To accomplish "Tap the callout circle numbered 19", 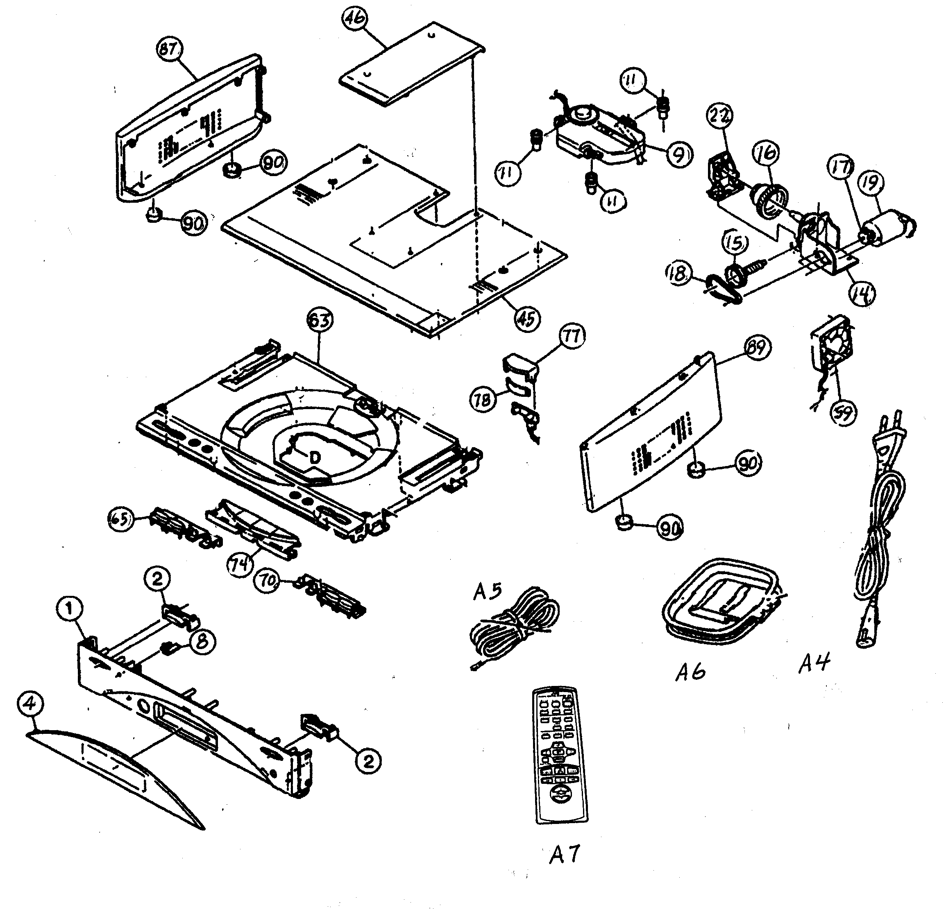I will [x=871, y=184].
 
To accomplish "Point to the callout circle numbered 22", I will [x=719, y=116].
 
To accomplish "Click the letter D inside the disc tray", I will [x=315, y=457].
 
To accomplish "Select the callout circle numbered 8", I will [x=202, y=641].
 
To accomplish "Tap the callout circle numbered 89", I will [x=756, y=348].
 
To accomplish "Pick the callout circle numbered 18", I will [x=678, y=274].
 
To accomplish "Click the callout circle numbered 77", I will [x=572, y=336].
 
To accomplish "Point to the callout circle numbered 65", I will [x=121, y=520].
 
